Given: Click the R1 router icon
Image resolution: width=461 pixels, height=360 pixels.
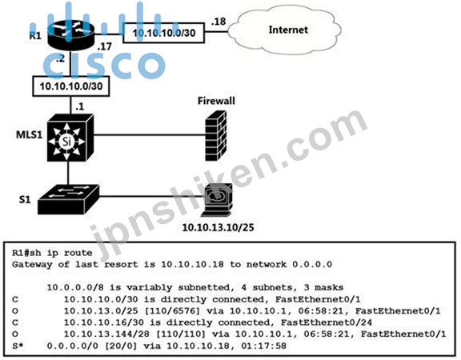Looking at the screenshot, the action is (71, 35).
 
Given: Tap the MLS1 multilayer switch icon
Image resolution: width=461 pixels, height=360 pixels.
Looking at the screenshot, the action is (70, 138).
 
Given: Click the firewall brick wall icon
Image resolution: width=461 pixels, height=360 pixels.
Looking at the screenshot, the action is (216, 136).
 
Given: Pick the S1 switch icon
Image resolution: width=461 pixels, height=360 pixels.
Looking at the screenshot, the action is (68, 199).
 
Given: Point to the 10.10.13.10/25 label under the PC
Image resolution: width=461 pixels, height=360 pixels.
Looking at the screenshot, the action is (218, 227).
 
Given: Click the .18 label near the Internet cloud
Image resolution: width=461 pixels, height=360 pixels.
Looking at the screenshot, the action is (218, 22).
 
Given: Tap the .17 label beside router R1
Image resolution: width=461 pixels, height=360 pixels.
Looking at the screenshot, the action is (104, 46).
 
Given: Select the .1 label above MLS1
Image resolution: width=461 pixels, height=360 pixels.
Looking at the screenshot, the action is (80, 106).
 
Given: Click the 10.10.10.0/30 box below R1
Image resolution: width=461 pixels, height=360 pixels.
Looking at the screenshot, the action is (71, 86).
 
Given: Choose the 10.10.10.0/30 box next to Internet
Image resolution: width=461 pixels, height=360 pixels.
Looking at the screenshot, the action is (163, 33).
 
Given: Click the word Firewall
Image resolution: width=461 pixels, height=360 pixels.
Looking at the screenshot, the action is (216, 101).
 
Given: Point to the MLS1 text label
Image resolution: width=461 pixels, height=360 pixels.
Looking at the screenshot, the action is (29, 135).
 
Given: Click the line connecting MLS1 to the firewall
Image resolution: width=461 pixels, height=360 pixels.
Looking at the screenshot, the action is (150, 135).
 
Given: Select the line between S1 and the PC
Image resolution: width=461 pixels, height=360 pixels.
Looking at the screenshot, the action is (152, 196).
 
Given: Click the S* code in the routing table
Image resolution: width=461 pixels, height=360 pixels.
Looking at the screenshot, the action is (18, 346).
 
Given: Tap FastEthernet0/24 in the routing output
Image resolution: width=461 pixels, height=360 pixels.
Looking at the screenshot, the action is (327, 322).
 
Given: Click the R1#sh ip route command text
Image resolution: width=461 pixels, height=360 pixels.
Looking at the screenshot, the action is (52, 253).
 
